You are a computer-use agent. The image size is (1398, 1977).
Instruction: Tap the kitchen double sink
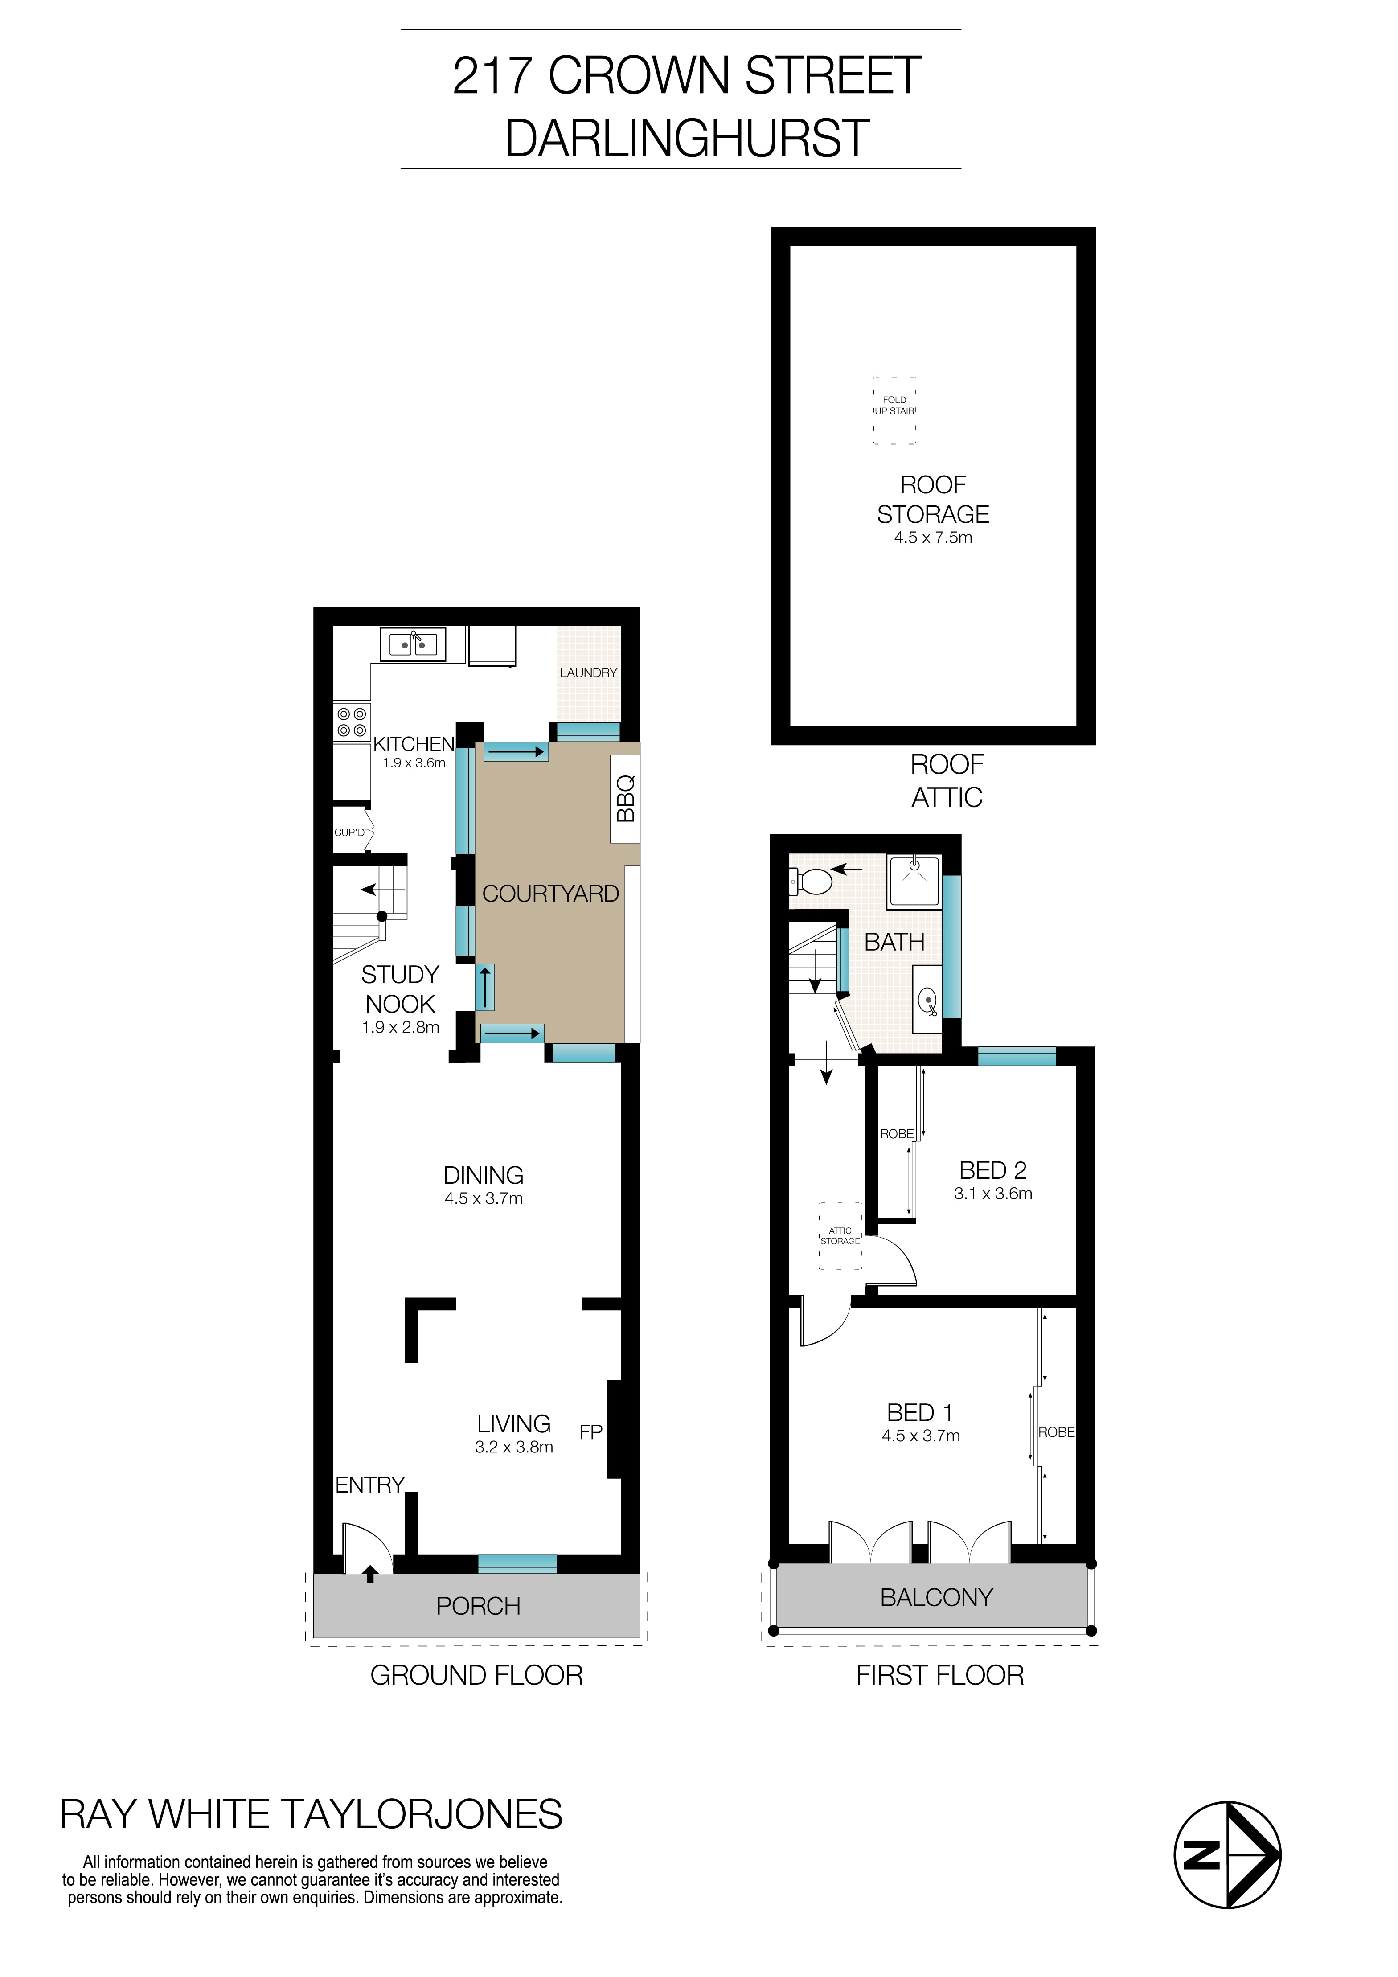click(413, 644)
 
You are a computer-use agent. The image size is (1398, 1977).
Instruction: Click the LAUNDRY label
click(588, 673)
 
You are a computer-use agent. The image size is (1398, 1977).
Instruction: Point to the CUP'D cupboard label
click(349, 833)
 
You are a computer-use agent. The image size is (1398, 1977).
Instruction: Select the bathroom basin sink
click(927, 1001)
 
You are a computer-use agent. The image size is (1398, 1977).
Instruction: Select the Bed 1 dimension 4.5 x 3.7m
click(920, 1436)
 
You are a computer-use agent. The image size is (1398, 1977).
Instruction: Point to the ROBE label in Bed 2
click(896, 1134)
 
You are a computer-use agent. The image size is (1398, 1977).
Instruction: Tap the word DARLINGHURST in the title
click(686, 139)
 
